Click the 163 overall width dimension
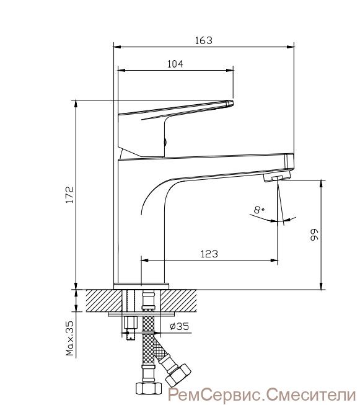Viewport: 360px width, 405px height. (204, 40)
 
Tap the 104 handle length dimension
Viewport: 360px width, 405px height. (175, 64)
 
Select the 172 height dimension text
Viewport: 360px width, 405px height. (69, 195)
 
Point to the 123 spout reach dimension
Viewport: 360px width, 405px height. (209, 254)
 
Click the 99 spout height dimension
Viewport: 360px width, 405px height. (314, 235)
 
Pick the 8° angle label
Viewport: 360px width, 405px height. (258, 210)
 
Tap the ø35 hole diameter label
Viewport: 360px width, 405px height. (179, 326)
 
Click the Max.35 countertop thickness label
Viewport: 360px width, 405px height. (69, 339)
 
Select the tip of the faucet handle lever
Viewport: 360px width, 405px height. (232, 102)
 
